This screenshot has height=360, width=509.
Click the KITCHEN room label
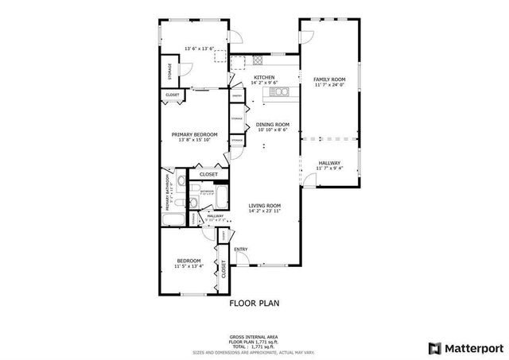[x=264, y=77]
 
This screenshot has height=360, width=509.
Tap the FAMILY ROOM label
[x=328, y=79]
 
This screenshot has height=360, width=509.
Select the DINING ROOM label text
[x=272, y=124]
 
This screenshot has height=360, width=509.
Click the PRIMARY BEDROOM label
[x=194, y=135]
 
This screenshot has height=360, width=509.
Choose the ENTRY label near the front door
[x=240, y=250]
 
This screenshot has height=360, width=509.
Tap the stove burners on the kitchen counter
[x=258, y=60]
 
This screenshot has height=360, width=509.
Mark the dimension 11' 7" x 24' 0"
[x=328, y=86]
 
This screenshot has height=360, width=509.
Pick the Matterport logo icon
[x=433, y=347]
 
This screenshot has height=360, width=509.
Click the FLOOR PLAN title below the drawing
[x=254, y=303]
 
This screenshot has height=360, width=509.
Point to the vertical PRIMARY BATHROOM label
[x=168, y=192]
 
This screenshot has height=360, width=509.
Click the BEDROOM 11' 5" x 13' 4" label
[x=189, y=264]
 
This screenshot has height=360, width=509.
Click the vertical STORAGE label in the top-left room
[x=169, y=71]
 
